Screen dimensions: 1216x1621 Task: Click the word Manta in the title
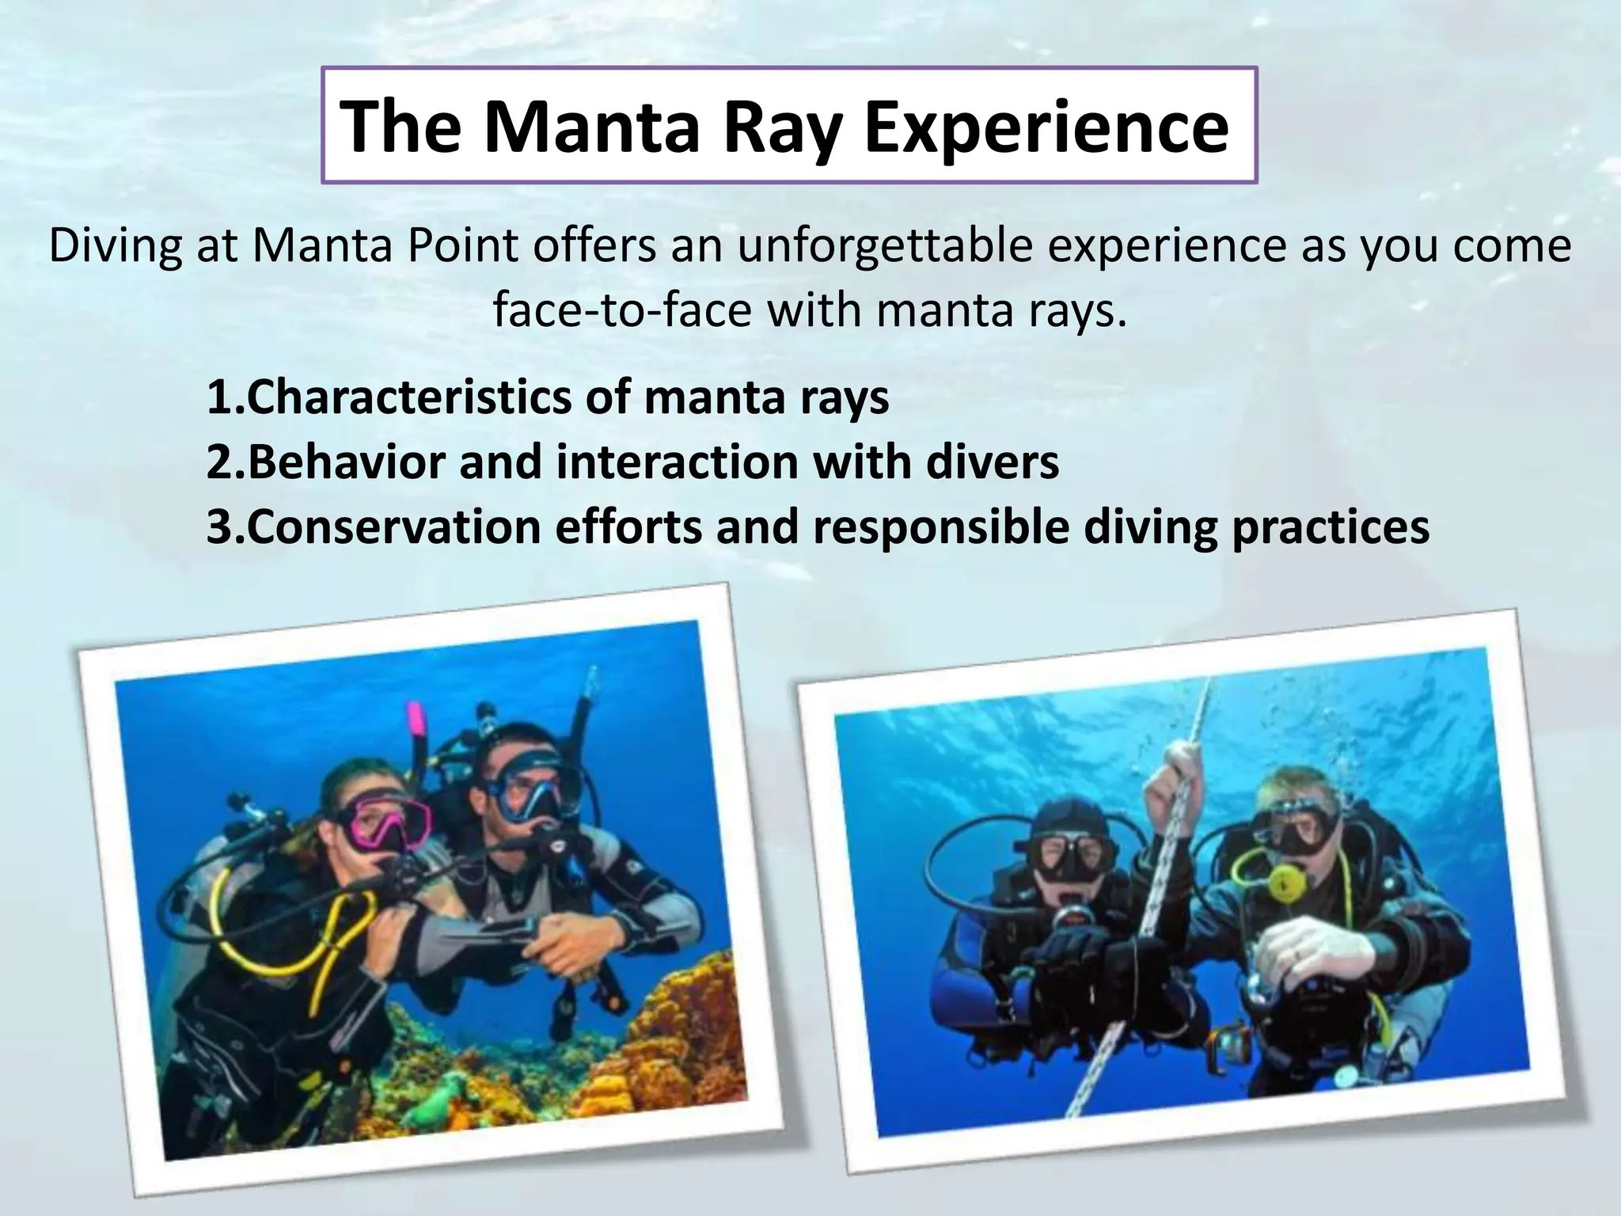(592, 127)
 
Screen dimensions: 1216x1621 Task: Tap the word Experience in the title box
(1046, 127)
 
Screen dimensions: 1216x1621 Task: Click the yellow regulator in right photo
(1280, 880)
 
